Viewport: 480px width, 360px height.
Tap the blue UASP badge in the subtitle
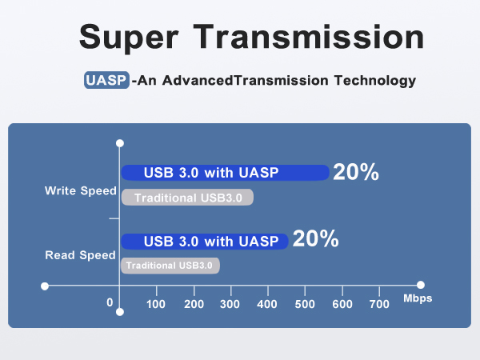[106, 81]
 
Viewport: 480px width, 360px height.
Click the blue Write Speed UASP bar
[225, 172]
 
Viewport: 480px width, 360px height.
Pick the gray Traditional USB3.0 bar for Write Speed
[187, 198]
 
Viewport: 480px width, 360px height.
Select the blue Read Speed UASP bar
[204, 241]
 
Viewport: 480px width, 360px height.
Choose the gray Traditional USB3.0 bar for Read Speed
[170, 266]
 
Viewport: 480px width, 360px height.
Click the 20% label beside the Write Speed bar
[356, 172]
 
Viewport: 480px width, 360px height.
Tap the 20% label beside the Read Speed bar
[315, 240]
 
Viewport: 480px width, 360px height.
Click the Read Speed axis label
[81, 255]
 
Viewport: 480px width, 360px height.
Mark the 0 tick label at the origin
[110, 302]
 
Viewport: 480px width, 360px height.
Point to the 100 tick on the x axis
[156, 303]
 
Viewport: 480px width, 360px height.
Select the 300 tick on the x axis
[230, 303]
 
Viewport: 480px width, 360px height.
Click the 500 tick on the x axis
[305, 303]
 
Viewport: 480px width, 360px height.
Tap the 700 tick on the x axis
[379, 303]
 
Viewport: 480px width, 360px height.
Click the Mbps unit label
[418, 298]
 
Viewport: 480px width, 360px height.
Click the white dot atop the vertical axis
[119, 143]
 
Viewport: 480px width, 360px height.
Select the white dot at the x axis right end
[420, 285]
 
